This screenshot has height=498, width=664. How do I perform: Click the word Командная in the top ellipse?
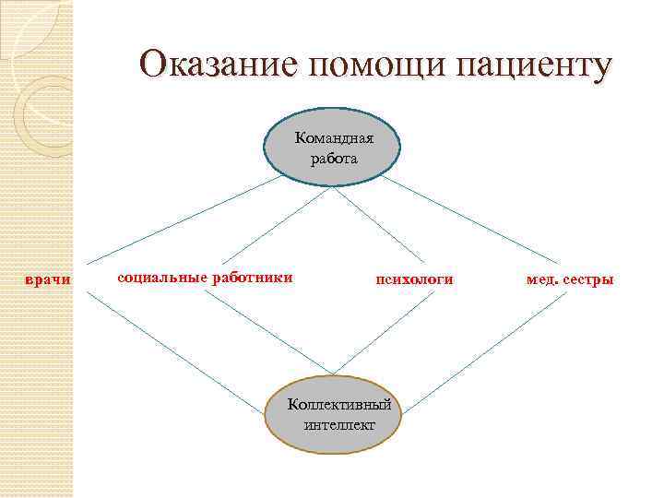tap(333, 138)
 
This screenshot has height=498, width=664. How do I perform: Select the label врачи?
tap(47, 279)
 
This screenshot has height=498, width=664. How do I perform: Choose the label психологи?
tap(414, 279)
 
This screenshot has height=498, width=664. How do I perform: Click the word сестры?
tap(587, 279)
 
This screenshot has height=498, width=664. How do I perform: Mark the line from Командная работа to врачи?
tap(184, 219)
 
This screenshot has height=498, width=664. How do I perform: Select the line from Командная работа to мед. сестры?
tap(470, 219)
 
